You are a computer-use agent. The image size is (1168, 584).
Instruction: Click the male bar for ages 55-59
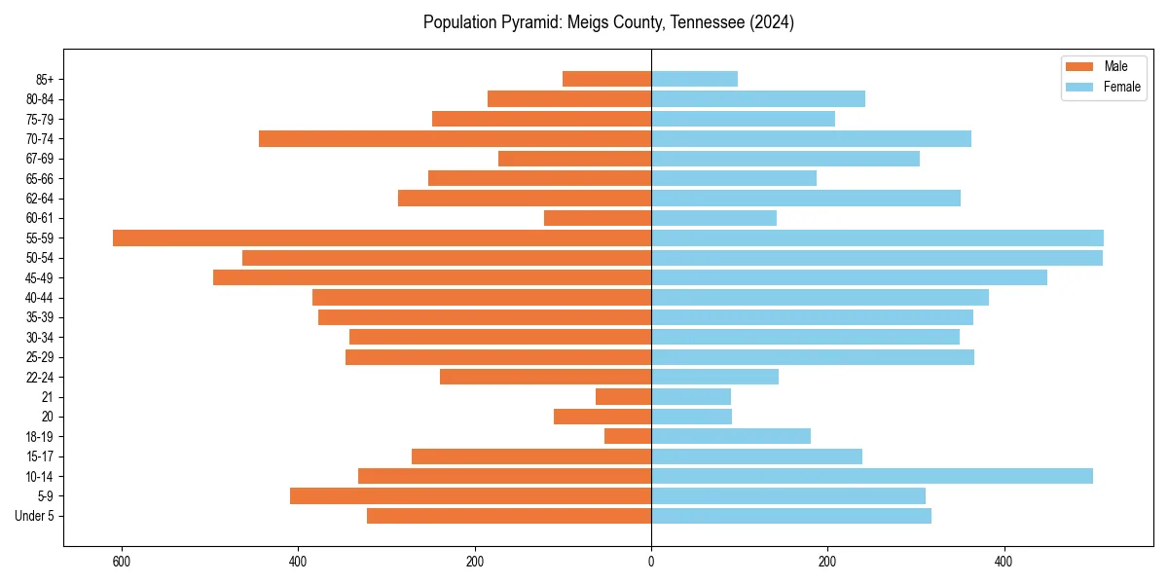coord(382,238)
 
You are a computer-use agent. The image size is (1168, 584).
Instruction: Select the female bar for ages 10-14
coord(871,476)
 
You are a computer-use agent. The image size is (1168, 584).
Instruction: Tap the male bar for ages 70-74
coord(455,139)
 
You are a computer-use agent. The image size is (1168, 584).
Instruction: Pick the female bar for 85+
coord(694,79)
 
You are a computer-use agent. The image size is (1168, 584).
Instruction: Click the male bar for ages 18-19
coord(628,436)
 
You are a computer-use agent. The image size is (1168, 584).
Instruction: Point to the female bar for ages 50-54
coord(876,258)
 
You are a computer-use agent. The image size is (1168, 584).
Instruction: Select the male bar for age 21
coord(623,397)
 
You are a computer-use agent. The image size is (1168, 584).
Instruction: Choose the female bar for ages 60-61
coord(713,218)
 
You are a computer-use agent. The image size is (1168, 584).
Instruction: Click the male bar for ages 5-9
coord(470,496)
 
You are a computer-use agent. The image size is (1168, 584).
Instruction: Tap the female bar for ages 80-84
coord(757,99)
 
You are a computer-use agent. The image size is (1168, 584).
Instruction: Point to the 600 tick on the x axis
coord(122,562)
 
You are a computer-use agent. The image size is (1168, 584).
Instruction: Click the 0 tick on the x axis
coord(651,562)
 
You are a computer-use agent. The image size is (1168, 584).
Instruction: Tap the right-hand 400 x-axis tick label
coord(1004,562)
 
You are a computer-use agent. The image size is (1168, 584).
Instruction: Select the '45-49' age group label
coord(41,278)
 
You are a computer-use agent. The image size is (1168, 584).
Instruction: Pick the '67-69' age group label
coord(41,159)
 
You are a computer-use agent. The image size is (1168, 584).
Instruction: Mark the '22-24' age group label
coord(41,378)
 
